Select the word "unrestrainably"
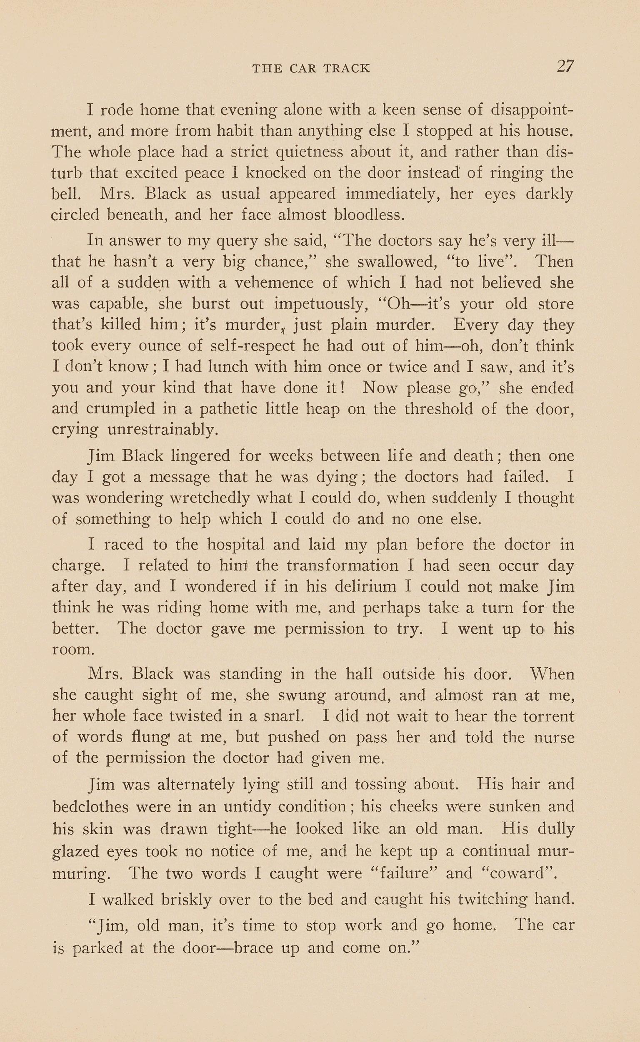[x=163, y=430]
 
